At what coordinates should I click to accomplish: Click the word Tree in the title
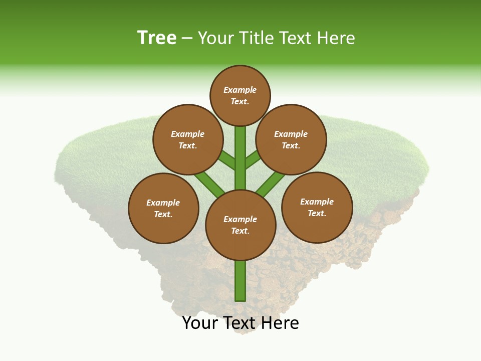[157, 38]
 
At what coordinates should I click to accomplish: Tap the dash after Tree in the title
[187, 39]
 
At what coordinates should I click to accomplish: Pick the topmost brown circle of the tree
[240, 95]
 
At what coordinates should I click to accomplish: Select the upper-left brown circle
[188, 139]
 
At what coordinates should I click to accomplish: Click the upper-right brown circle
[291, 139]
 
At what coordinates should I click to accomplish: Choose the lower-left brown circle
[163, 208]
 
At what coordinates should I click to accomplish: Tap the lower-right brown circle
[317, 207]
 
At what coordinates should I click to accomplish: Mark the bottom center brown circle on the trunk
[241, 225]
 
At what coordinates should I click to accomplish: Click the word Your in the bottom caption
[200, 323]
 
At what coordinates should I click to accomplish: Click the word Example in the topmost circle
[240, 90]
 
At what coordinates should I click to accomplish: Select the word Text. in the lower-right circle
[317, 213]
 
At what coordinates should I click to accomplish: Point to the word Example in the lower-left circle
[163, 203]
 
